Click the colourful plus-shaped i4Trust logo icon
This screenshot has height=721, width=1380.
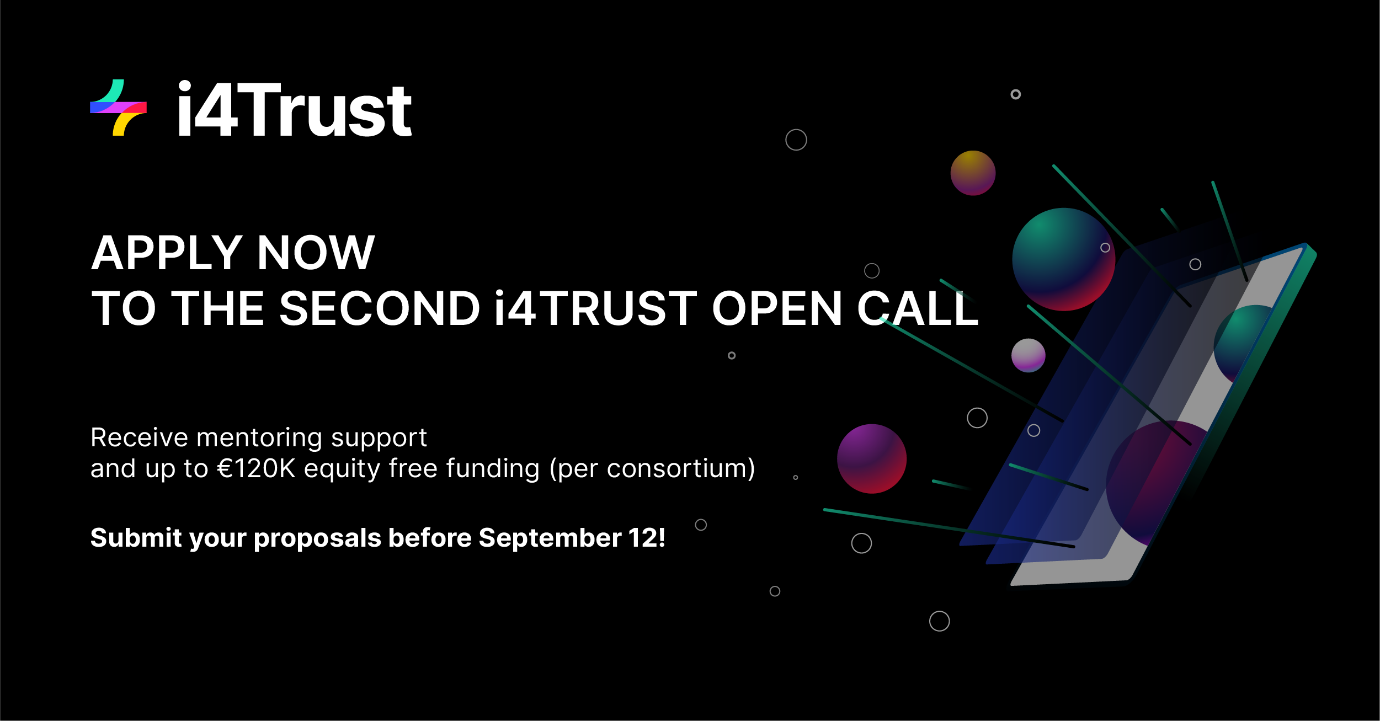point(118,108)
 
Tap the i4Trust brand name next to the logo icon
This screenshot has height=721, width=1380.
point(295,109)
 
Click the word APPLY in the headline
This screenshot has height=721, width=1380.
point(167,253)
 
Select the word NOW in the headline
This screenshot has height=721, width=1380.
point(316,253)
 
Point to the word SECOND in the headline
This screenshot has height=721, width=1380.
point(380,308)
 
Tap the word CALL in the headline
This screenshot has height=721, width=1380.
point(918,308)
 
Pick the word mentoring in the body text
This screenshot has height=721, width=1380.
point(259,438)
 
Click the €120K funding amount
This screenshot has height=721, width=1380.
point(257,468)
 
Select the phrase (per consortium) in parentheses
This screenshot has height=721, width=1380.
point(652,469)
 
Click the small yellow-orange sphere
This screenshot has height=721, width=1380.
point(973,173)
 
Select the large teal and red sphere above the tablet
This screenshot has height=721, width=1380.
point(1063,259)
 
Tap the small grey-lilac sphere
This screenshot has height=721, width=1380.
point(1028,355)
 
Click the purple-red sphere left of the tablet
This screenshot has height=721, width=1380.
point(872,458)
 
